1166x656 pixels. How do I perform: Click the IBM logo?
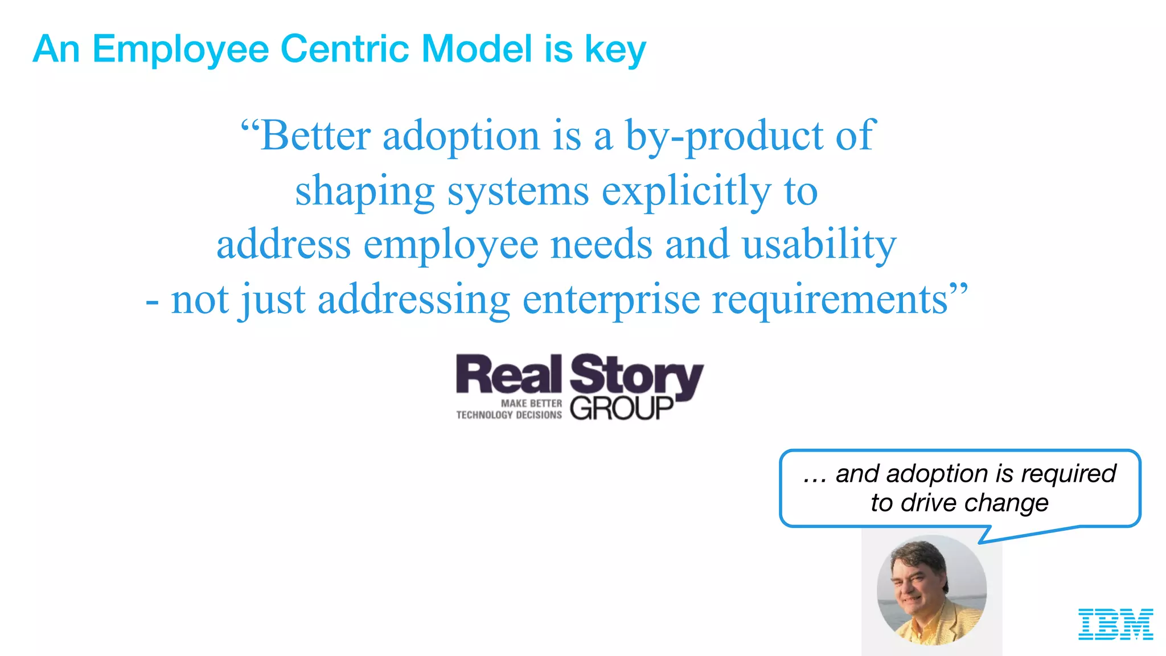pyautogui.click(x=1115, y=624)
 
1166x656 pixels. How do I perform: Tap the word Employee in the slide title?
pyautogui.click(x=180, y=50)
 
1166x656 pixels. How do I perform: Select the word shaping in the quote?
pyautogui.click(x=364, y=191)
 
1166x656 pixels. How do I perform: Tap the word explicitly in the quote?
pyautogui.click(x=686, y=191)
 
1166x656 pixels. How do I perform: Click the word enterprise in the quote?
pyautogui.click(x=611, y=300)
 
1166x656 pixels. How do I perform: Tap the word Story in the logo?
pyautogui.click(x=637, y=376)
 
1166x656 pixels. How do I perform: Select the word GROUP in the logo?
pyautogui.click(x=622, y=408)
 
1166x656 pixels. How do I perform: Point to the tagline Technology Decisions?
pyautogui.click(x=508, y=415)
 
